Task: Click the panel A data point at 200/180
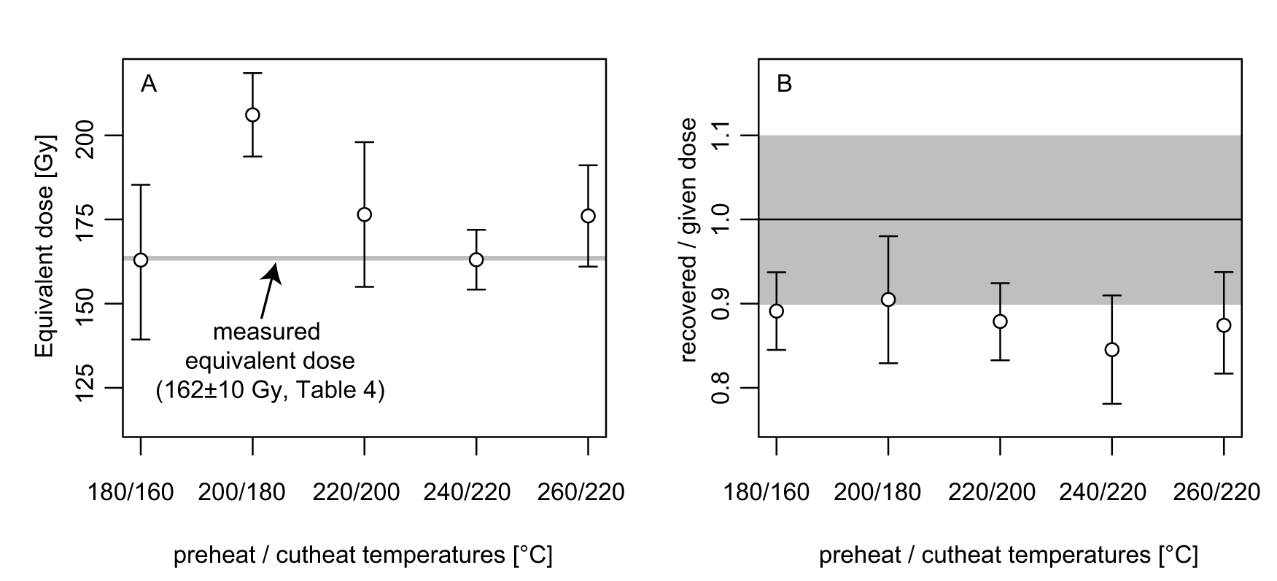coord(252,114)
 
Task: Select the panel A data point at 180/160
coord(141,260)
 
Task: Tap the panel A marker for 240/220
coord(476,260)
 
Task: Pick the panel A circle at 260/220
coord(588,216)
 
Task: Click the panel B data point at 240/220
coord(1112,350)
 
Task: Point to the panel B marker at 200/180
coord(888,300)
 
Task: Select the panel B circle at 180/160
coord(777,311)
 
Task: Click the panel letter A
coord(149,85)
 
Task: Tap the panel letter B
coord(785,85)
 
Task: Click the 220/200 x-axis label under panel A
coord(357,493)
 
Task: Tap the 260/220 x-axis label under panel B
coord(1216,493)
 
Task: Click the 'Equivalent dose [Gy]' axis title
coord(46,246)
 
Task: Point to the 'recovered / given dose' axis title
coord(688,241)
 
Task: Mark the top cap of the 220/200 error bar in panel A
coord(364,142)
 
